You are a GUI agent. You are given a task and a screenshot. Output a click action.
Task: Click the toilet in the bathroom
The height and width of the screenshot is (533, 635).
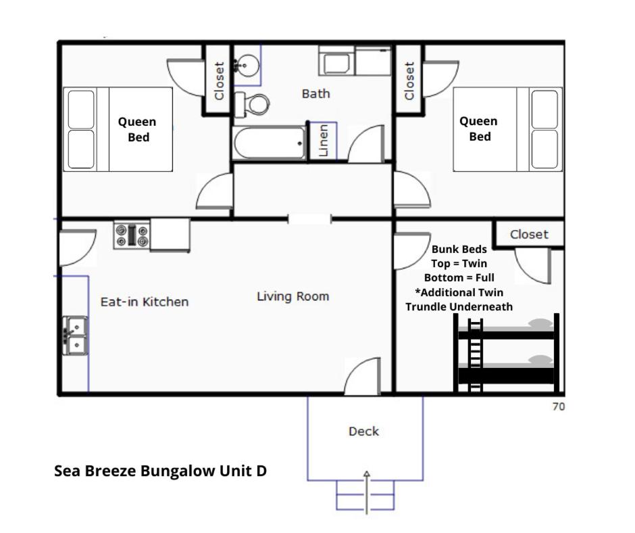click(x=252, y=104)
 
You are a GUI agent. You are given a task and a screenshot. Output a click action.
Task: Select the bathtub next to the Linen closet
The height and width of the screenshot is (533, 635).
click(x=269, y=143)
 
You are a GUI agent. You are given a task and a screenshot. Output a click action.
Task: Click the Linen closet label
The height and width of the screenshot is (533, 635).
click(x=323, y=140)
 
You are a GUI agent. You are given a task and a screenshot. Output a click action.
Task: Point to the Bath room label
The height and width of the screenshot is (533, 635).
click(x=316, y=94)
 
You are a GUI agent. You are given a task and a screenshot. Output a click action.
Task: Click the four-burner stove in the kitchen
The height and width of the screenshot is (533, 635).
click(x=132, y=235)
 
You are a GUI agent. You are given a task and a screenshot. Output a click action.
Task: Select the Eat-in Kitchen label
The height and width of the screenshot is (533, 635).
click(x=145, y=302)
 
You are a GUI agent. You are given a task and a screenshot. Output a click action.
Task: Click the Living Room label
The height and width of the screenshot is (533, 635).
click(x=293, y=296)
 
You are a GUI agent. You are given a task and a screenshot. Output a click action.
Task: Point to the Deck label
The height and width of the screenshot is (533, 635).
click(x=363, y=431)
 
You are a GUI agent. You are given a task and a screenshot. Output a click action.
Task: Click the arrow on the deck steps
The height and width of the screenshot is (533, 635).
click(x=367, y=492)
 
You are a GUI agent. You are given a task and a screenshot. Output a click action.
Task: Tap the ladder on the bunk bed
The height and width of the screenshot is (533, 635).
click(x=475, y=355)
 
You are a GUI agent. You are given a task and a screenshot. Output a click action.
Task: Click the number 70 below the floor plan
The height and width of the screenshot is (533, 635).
click(x=559, y=407)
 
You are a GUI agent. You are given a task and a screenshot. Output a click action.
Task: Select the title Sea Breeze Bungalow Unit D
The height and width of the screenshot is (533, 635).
click(x=160, y=471)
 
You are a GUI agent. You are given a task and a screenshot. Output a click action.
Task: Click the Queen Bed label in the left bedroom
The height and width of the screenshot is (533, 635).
click(x=137, y=129)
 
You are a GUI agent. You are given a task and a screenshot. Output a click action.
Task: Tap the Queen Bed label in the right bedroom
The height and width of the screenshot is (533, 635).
click(x=479, y=129)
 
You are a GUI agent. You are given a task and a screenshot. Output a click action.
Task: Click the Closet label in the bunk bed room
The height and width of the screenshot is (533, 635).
click(x=529, y=235)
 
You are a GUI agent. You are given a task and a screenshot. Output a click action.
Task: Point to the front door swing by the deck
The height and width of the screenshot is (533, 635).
click(x=362, y=375)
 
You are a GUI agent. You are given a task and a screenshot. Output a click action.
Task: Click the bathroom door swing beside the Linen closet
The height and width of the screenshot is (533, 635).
click(x=365, y=143)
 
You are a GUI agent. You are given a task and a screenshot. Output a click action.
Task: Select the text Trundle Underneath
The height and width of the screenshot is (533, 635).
click(x=459, y=307)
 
